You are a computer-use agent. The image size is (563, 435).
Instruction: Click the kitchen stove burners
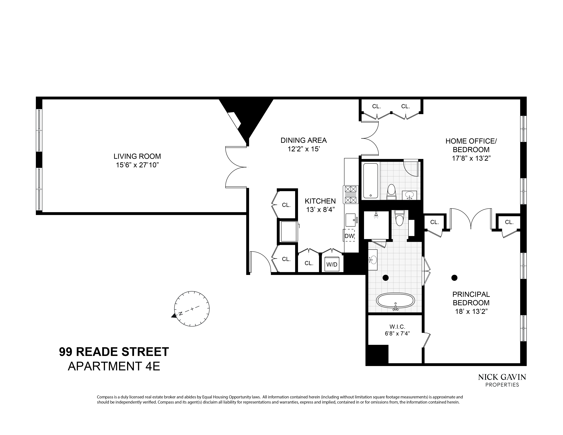[x=351, y=195]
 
